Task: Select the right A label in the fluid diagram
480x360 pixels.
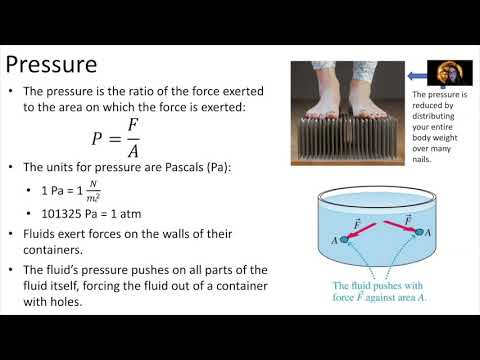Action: [x=427, y=233]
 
